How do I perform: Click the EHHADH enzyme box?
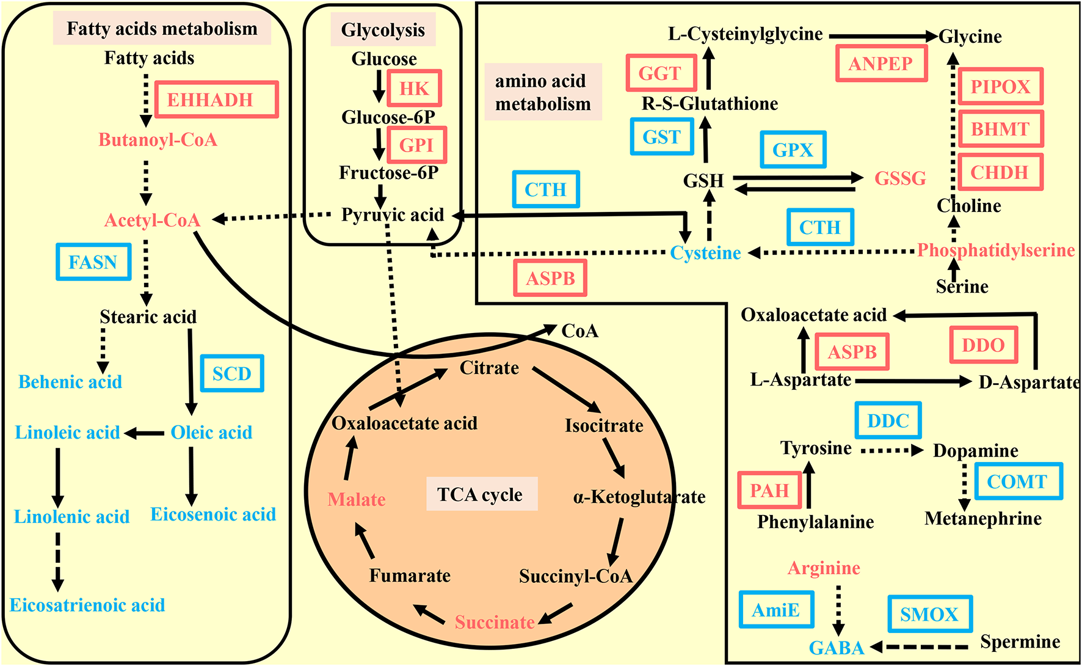coord(216,100)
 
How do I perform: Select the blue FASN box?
coord(93,262)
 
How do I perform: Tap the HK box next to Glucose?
coord(413,89)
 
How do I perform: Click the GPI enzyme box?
coord(416,145)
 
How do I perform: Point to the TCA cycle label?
coord(481,494)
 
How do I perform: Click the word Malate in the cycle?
coord(357,500)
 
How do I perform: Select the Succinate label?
coord(495,623)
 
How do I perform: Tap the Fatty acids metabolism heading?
coord(162,29)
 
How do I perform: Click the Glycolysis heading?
coord(383,30)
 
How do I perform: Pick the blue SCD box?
coord(232,373)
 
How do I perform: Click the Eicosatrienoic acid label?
coord(87,606)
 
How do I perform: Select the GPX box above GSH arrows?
coord(793,150)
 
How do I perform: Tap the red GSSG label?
coord(900,178)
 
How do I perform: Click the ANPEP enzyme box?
coord(880,64)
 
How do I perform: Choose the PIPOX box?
coord(1000,87)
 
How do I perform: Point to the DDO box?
coord(983,345)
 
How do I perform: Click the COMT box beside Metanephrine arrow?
coord(1017,481)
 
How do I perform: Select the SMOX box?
coord(929,614)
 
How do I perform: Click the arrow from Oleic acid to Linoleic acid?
coord(145,433)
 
